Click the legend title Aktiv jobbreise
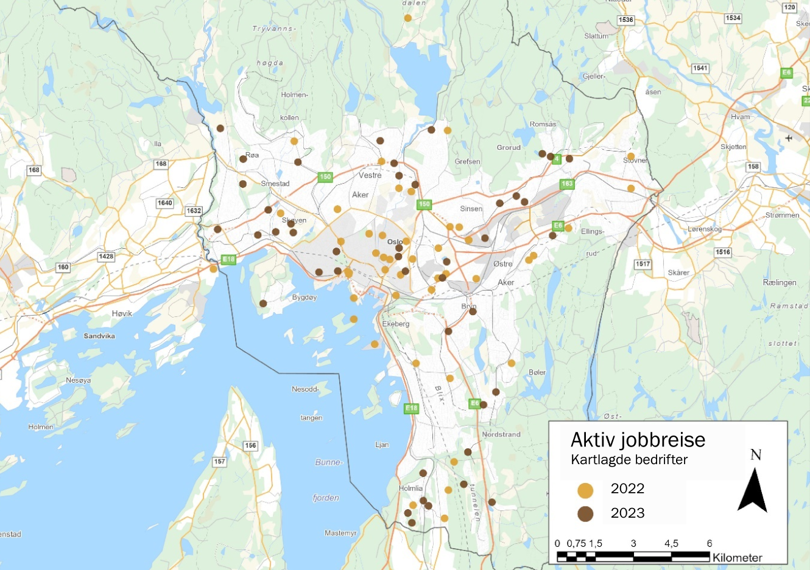(x=638, y=440)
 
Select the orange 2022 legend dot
(x=585, y=490)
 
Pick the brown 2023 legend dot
(x=585, y=514)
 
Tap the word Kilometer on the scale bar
(x=737, y=557)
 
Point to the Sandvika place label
(x=99, y=336)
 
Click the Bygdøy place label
(x=305, y=297)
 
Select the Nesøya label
(x=79, y=380)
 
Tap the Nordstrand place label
(x=501, y=434)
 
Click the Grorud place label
(x=509, y=147)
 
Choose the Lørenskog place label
(x=705, y=229)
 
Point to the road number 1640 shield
(x=165, y=203)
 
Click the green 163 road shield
(x=567, y=184)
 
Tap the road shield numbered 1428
(x=106, y=256)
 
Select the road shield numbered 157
(x=220, y=462)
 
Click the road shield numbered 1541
(x=700, y=68)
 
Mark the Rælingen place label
(x=780, y=282)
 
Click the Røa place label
(x=252, y=155)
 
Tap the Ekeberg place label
(x=396, y=324)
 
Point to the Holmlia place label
(x=410, y=488)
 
